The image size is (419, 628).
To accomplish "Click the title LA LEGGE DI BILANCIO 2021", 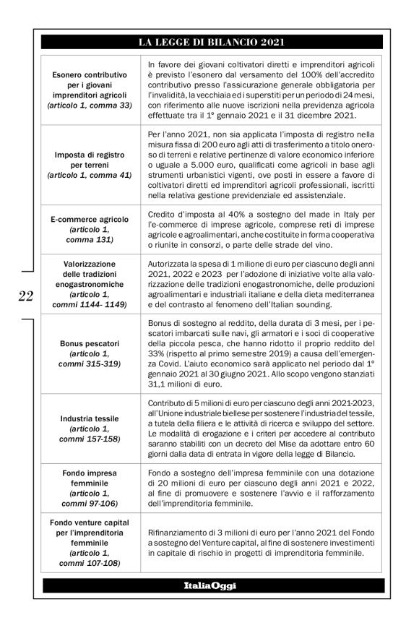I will (x=212, y=42).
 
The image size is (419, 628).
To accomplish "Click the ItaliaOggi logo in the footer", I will (x=212, y=585).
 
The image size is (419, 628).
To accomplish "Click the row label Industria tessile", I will (x=90, y=418).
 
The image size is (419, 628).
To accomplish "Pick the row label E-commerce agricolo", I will (x=90, y=218).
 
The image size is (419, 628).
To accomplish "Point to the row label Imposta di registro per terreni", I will (x=90, y=160).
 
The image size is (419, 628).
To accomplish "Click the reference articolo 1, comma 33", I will (x=90, y=105).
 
